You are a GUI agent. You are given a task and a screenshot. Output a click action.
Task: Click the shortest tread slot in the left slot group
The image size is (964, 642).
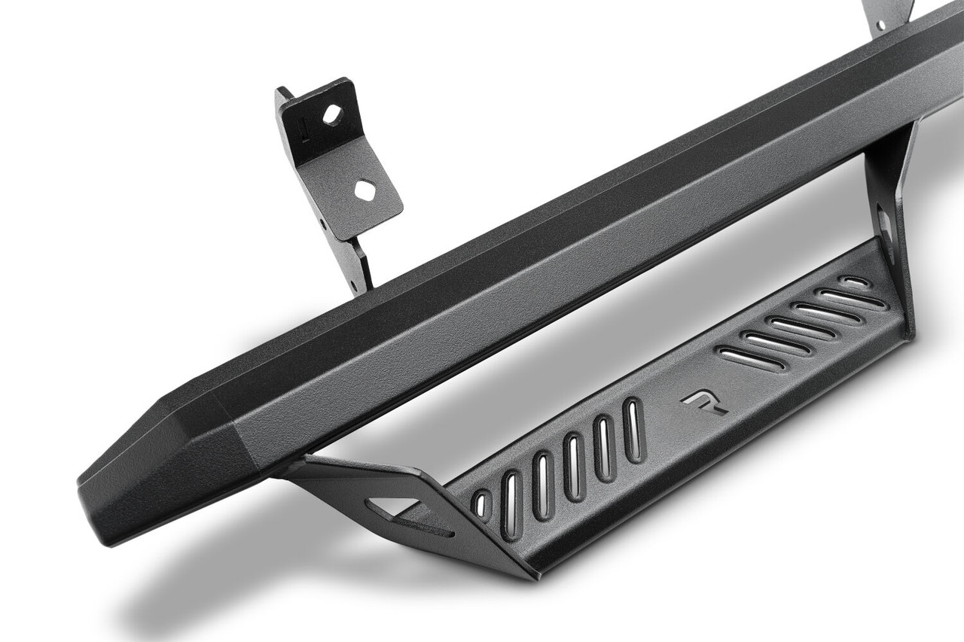click(480, 504)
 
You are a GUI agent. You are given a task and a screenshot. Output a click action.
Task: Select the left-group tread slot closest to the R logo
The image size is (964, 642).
click(633, 430)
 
